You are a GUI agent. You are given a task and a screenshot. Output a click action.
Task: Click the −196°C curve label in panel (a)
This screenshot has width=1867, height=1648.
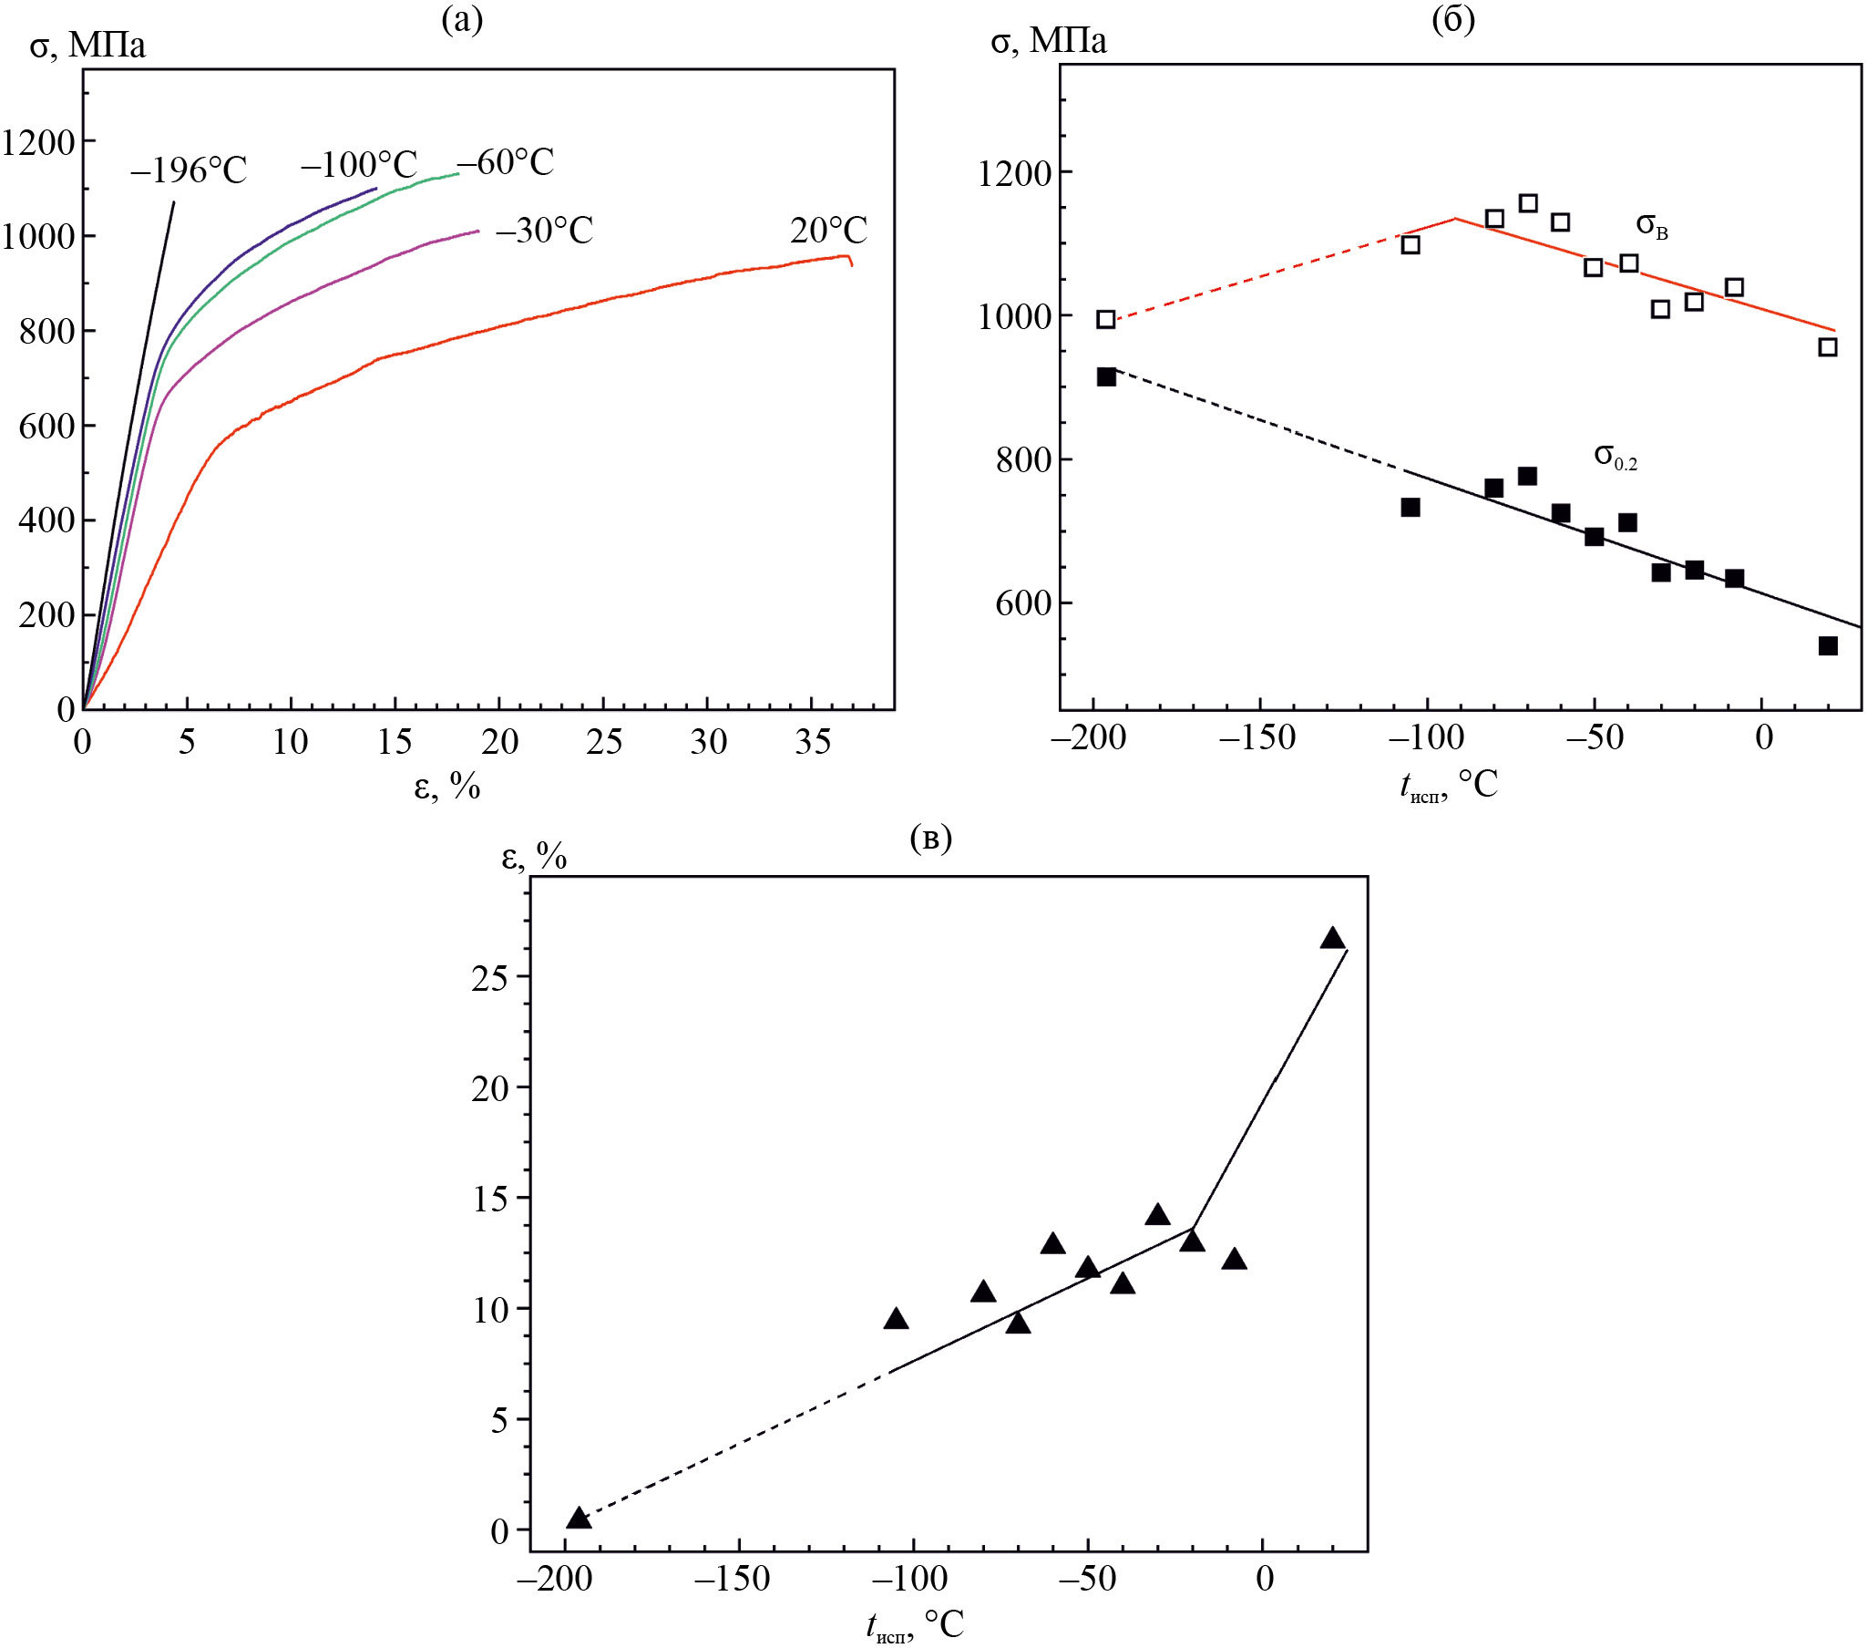click(190, 170)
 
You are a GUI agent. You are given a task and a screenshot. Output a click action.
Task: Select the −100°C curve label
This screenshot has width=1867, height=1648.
click(359, 165)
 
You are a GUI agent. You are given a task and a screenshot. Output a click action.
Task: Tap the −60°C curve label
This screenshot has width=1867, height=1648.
click(505, 161)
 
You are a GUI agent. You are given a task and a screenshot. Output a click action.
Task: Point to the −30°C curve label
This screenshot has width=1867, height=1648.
click(544, 231)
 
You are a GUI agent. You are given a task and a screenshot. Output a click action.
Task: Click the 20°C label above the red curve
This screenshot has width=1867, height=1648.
click(828, 231)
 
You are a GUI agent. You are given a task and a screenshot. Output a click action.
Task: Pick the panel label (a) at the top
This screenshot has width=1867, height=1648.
click(461, 19)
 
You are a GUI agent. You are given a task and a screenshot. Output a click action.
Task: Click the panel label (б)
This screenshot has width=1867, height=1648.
click(1453, 19)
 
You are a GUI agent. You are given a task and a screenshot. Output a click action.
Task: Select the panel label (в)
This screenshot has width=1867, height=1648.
click(930, 838)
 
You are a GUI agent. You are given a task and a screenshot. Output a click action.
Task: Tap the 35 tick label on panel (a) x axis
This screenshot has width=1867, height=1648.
click(812, 742)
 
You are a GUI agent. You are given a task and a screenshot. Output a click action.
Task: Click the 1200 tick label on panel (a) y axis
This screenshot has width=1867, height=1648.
click(38, 142)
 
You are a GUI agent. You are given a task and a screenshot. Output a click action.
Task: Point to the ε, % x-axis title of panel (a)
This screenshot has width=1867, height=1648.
click(447, 785)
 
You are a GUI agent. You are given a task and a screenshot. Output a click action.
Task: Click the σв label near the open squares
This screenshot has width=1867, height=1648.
click(1651, 224)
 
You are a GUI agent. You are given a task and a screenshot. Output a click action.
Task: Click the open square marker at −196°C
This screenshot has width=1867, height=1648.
click(1106, 319)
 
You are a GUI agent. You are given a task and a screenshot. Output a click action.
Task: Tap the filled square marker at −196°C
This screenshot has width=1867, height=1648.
click(1106, 376)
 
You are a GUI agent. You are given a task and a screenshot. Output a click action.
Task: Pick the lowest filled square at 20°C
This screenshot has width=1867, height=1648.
click(1828, 646)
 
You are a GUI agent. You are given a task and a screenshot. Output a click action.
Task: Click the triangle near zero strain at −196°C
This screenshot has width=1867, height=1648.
click(579, 1519)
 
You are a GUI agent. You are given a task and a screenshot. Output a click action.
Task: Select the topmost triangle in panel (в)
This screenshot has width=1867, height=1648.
click(1333, 938)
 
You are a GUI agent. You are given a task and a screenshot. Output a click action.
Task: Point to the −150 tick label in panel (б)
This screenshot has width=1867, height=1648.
click(1257, 737)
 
